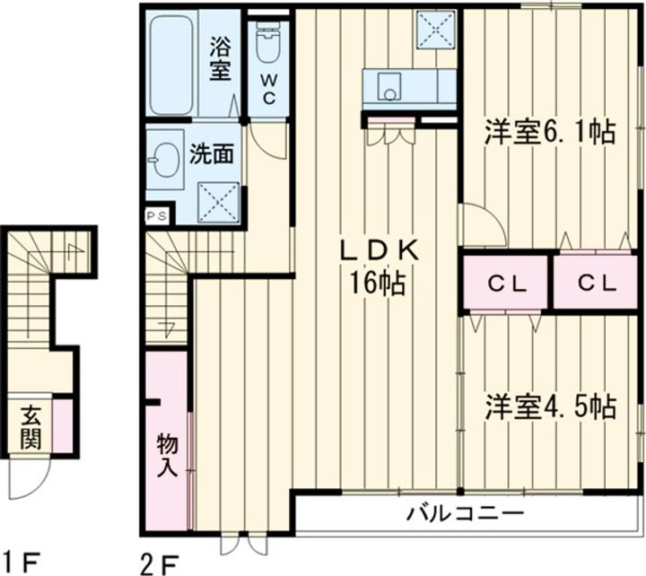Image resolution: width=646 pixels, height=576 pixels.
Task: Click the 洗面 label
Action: click(213, 154)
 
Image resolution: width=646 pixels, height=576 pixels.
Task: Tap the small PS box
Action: click(156, 216)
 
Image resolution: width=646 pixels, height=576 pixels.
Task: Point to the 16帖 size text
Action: click(375, 284)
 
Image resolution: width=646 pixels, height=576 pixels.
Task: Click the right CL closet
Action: click(596, 284)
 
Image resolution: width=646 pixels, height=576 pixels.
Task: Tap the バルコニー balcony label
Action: click(465, 515)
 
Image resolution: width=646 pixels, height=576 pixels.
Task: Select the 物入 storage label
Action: click(167, 454)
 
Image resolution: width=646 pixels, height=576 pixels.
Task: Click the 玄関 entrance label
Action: click(31, 430)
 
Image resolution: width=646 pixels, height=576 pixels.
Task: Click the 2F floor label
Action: click(159, 562)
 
